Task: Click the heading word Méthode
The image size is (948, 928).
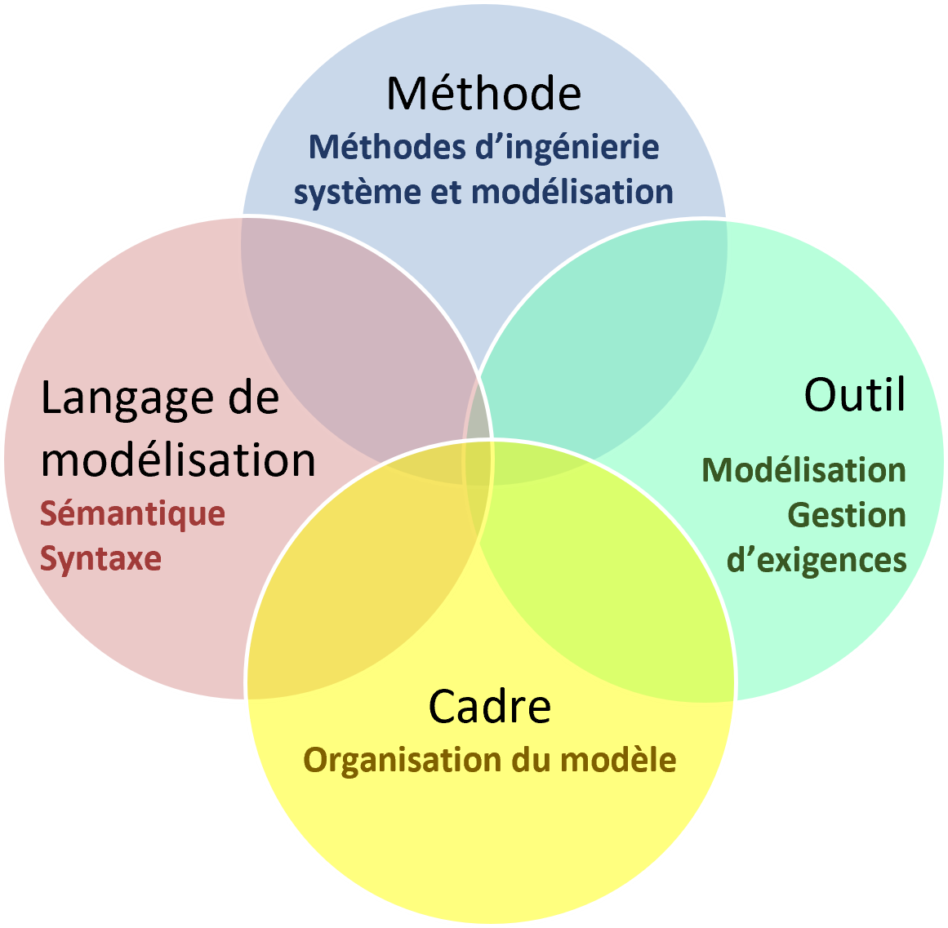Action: coord(483,93)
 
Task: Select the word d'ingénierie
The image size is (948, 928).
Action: coord(567,148)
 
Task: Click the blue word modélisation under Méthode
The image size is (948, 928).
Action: coord(572,193)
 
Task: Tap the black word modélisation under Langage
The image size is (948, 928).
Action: coord(178,460)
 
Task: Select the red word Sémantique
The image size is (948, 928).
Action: coord(132,514)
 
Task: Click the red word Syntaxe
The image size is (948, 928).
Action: coord(100,559)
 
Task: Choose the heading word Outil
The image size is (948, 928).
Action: coord(854,395)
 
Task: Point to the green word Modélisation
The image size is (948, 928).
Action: coord(803,470)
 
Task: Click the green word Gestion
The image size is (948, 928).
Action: coord(847,515)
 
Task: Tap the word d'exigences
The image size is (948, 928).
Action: coord(817,561)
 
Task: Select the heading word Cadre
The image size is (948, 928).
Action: coord(490,706)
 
